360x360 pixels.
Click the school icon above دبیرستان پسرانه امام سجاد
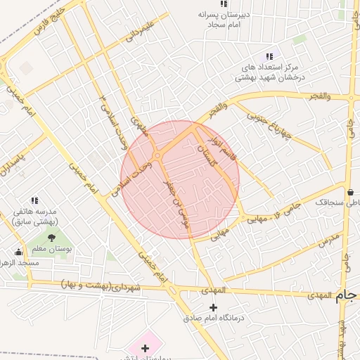point(224,4)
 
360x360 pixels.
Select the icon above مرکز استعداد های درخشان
point(269,56)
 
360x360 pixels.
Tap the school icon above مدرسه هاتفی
point(34,200)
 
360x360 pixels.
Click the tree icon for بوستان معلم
point(51,238)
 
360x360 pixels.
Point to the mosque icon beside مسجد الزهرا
point(18,252)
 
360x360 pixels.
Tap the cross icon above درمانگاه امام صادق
point(214,307)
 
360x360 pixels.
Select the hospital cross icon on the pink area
point(145,348)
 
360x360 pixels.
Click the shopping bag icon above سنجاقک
point(350,191)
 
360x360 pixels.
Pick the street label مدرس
point(328,240)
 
